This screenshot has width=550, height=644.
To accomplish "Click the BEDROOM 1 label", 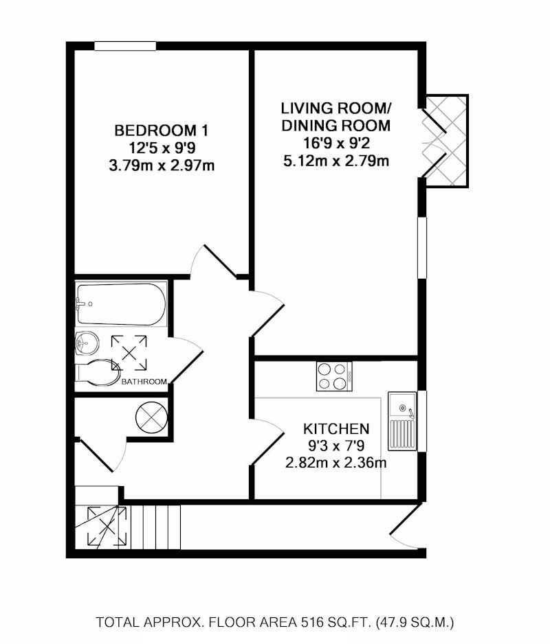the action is (x=162, y=130).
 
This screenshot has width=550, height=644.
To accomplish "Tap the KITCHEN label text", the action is (x=336, y=429).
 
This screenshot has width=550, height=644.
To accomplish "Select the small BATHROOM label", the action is (x=144, y=382).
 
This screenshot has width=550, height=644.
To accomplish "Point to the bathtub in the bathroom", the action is (x=122, y=304).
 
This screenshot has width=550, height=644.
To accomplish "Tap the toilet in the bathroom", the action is (x=97, y=373).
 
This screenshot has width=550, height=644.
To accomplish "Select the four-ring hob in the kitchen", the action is (x=334, y=376).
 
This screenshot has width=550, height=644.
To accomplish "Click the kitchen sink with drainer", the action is (x=402, y=421).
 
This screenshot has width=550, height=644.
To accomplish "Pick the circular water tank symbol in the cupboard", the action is (x=151, y=417).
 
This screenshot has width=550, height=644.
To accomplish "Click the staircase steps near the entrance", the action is (x=156, y=527).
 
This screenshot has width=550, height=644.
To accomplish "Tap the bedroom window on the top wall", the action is (x=125, y=45).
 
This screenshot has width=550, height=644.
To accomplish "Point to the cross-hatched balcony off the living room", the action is (x=447, y=141).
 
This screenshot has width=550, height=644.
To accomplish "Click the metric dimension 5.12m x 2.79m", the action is (x=336, y=161).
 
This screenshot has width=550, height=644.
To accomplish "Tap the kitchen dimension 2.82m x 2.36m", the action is (x=336, y=463).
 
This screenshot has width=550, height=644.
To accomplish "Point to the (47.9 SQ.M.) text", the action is (x=415, y=622).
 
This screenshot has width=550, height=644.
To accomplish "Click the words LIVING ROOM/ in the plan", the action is (x=336, y=108).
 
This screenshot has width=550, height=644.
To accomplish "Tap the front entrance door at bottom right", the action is (x=405, y=525).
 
